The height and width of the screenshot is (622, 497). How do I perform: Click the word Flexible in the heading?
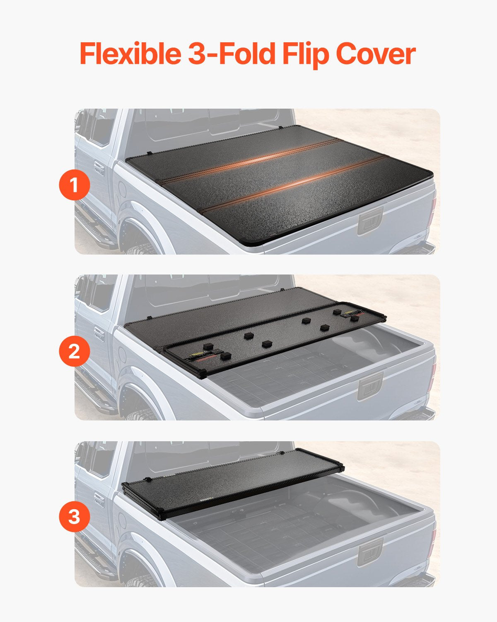(x=130, y=53)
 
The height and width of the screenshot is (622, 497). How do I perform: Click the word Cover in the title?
(x=375, y=53)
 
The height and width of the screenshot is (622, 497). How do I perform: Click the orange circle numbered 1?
(x=74, y=185)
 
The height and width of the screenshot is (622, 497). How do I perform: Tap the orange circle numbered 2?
(x=74, y=351)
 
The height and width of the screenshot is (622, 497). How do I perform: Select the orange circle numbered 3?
(x=74, y=517)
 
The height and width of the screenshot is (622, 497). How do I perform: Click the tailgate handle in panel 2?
(x=370, y=387)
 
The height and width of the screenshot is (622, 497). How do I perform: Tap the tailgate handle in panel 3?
(x=370, y=554)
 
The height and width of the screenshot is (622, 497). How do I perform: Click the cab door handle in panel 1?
(x=99, y=168)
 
